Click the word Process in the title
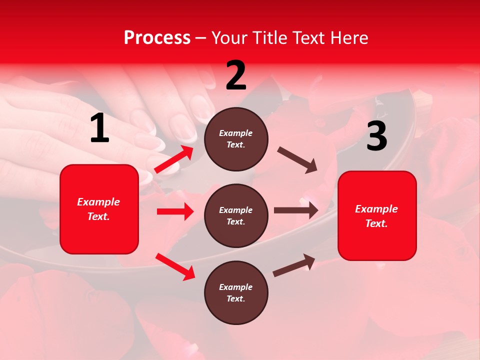(x=157, y=38)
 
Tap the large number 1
(x=99, y=128)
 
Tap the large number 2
(x=236, y=75)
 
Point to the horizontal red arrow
(x=175, y=211)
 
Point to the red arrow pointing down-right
(x=175, y=266)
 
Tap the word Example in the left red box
(x=98, y=202)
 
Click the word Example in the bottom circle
(x=235, y=287)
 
